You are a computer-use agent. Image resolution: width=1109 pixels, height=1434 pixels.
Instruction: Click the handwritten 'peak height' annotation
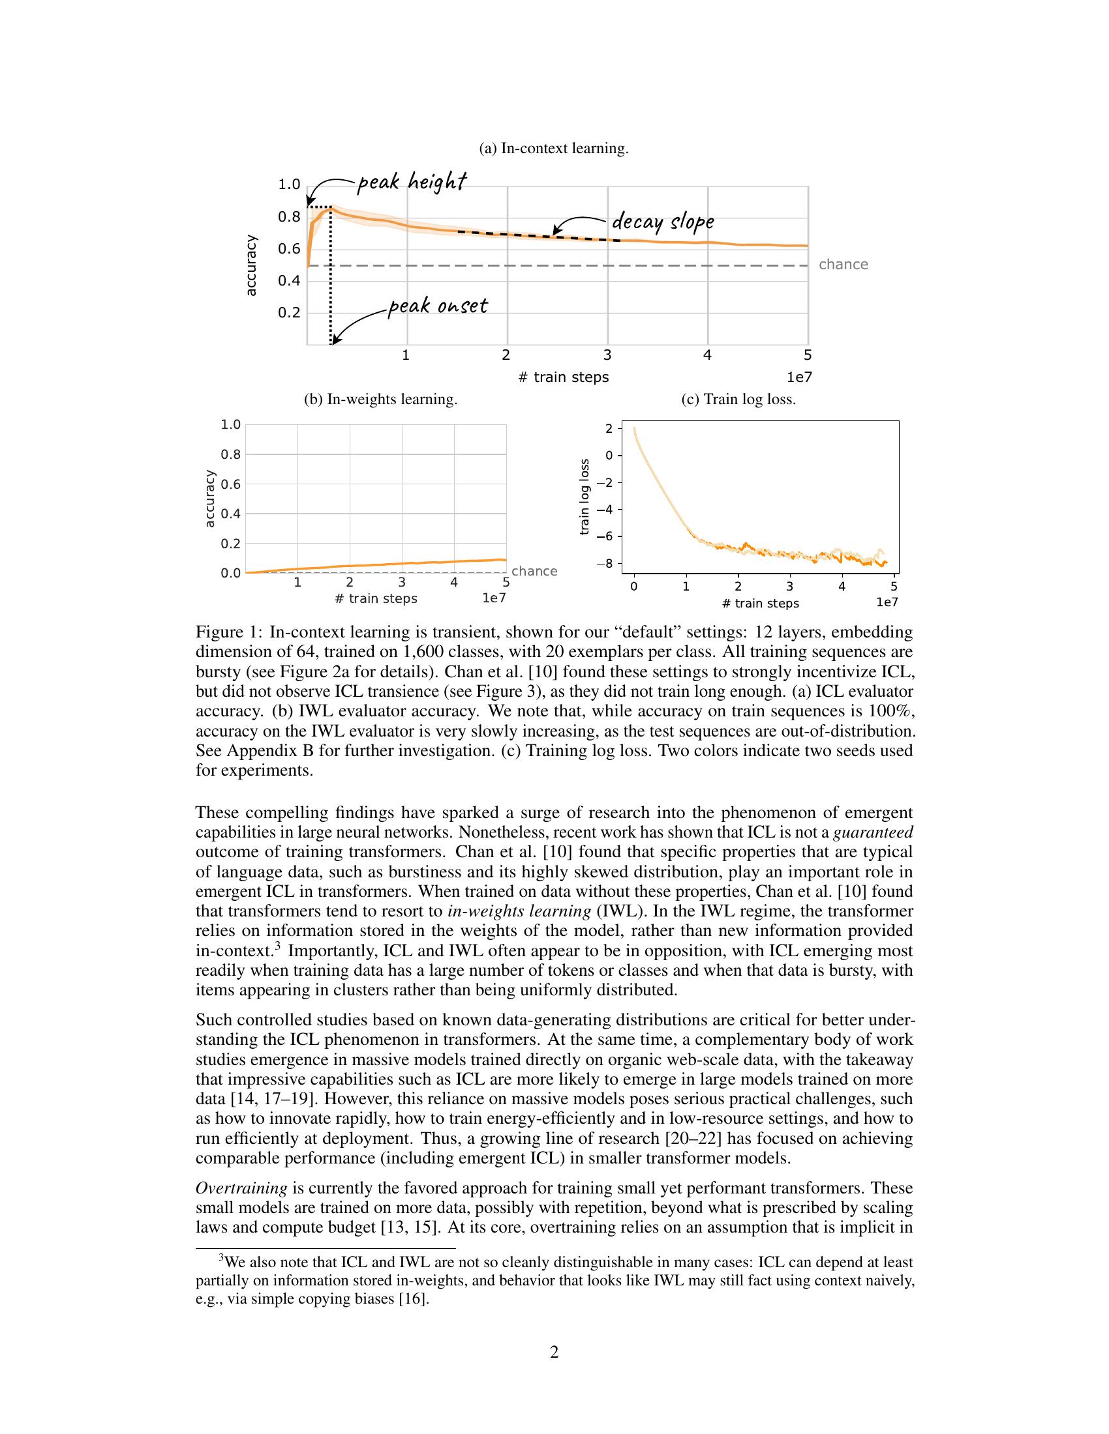tap(412, 182)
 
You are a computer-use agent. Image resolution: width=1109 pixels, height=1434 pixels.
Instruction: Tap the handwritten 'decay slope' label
tap(662, 222)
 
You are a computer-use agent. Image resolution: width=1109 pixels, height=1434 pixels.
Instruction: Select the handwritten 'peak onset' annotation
tap(438, 306)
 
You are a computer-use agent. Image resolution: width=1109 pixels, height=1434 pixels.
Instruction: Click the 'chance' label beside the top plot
tap(843, 265)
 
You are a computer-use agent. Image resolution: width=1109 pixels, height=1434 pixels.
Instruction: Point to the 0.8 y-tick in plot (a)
tap(289, 216)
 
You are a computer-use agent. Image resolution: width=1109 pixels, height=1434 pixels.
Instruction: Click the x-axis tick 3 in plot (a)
tap(607, 356)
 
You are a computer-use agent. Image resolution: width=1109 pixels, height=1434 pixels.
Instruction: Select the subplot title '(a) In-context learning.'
tap(554, 149)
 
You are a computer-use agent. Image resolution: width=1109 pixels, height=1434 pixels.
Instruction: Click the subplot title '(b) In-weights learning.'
tap(380, 399)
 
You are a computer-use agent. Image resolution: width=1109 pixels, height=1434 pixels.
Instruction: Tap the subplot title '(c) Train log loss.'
tap(738, 399)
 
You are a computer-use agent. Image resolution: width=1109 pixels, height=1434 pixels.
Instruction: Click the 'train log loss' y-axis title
tap(585, 497)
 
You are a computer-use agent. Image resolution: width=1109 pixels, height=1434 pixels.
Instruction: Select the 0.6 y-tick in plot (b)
tap(230, 484)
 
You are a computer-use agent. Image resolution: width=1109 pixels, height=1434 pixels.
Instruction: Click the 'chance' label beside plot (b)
tap(534, 571)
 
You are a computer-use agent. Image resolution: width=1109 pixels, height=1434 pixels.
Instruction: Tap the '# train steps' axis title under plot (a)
tap(563, 377)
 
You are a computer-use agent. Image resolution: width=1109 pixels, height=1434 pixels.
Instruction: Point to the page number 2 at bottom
tap(554, 1353)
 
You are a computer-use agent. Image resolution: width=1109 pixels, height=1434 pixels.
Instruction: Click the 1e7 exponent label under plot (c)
tap(887, 603)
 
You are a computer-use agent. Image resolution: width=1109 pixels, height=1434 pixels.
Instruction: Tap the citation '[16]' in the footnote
tap(413, 1298)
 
